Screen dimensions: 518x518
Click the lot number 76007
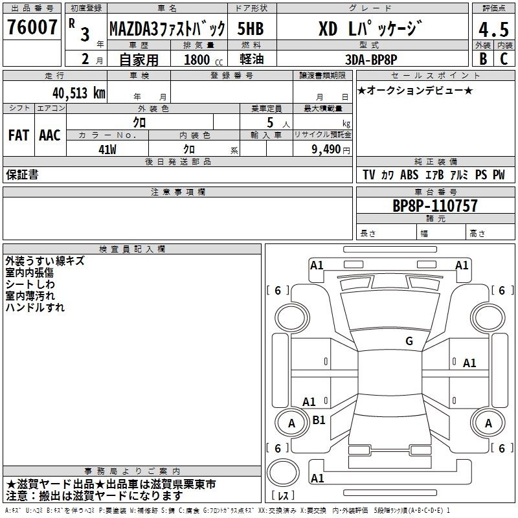32,27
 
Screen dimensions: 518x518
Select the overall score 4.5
493,30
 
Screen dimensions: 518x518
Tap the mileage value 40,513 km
78,93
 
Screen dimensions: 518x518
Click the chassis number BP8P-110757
435,206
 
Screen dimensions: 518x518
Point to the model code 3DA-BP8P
371,60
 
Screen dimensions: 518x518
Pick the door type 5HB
251,28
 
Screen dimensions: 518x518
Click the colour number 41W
107,150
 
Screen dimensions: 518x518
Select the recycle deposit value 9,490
326,150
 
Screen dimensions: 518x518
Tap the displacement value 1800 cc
203,60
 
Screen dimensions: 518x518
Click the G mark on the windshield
409,341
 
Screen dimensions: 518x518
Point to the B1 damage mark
319,420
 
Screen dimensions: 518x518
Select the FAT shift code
19,135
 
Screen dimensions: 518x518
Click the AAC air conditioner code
50,135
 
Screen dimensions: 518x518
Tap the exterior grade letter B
483,59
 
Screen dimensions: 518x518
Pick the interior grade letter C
504,59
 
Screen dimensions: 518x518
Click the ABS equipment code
409,175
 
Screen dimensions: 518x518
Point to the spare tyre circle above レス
283,473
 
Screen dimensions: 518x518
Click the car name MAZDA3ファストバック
168,29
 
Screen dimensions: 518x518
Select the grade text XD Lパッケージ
370,28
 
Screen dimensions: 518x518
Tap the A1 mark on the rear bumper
317,478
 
